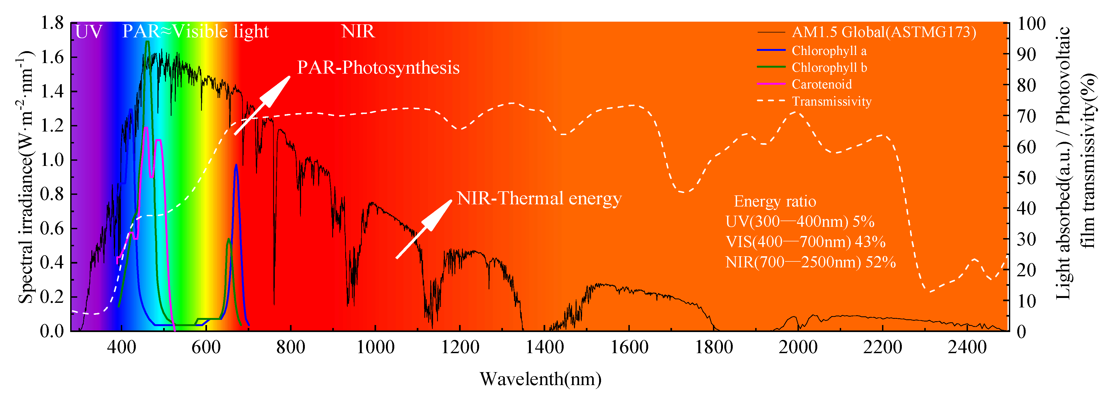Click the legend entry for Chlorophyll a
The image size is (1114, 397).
[829, 51]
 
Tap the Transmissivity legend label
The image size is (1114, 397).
[831, 101]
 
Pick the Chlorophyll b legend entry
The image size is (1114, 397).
[829, 68]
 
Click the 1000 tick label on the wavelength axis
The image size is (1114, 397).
[375, 347]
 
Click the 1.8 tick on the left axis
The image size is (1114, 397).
[52, 23]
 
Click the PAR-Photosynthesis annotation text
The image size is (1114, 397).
[378, 68]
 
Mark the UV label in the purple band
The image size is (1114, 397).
[89, 32]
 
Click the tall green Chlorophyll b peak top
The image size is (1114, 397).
[147, 42]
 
